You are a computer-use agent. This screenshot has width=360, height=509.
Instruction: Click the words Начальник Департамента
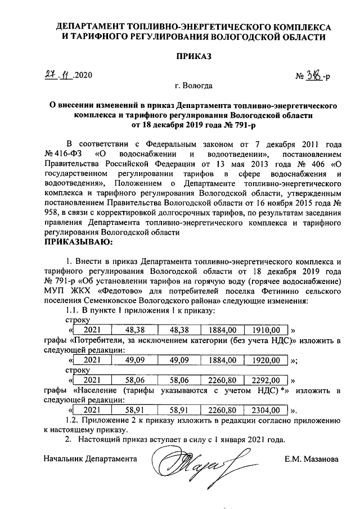coord(91,458)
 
